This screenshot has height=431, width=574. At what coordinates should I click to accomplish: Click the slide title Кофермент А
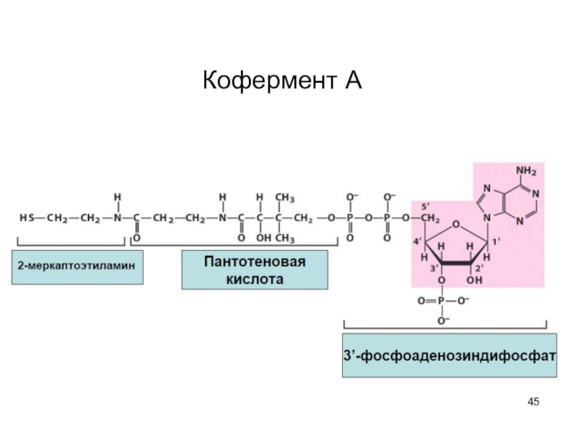[282, 80]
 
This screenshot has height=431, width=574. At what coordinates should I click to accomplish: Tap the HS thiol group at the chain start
[27, 218]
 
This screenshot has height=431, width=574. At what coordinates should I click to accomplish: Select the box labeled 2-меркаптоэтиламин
[77, 267]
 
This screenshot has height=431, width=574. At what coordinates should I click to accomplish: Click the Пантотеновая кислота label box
[255, 270]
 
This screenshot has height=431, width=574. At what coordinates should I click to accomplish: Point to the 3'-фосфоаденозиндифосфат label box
[450, 355]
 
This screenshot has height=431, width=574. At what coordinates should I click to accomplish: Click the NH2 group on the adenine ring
[526, 171]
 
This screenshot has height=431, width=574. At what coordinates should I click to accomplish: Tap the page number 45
[533, 402]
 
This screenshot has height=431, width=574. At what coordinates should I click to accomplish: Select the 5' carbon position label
[425, 207]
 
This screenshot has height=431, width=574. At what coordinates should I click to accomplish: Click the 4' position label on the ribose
[418, 241]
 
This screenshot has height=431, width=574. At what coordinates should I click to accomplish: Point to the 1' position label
[496, 241]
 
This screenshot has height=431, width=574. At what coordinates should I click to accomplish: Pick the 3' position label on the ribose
[434, 268]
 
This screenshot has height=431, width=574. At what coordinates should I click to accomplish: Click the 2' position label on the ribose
[479, 268]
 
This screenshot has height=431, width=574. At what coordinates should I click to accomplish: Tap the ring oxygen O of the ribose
[456, 224]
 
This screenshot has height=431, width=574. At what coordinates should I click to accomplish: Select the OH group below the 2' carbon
[474, 281]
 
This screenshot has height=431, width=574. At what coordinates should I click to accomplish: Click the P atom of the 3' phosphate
[441, 301]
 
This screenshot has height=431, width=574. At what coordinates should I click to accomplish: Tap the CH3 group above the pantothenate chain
[285, 198]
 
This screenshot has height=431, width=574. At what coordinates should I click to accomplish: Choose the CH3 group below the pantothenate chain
[285, 238]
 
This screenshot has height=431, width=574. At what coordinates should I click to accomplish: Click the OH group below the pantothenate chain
[263, 238]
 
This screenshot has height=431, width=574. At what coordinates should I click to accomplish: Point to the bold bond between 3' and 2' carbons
[456, 263]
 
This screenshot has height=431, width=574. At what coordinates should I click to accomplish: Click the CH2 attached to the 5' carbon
[430, 218]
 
